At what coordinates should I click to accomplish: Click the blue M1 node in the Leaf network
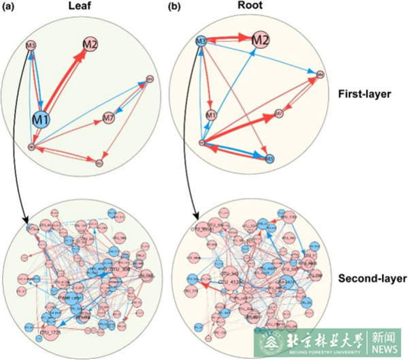42,120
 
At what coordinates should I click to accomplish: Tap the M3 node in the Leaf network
31,46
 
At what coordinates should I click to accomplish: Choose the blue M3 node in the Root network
201,42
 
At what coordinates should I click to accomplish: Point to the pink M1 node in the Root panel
211,114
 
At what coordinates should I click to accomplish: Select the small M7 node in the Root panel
279,113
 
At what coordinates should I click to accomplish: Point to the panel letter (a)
9,7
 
